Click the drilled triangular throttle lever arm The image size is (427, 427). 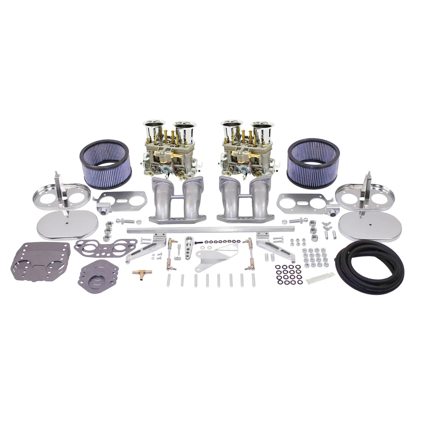pos(189,245)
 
